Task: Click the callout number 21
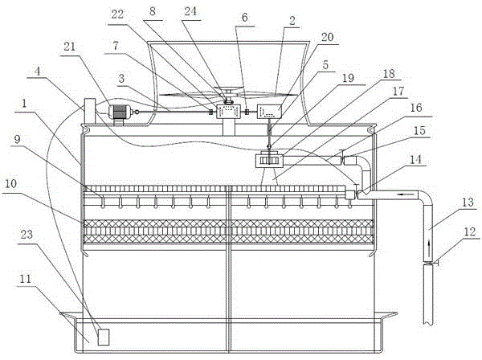(x=69, y=47)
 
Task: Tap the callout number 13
(x=468, y=202)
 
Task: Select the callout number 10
(x=10, y=184)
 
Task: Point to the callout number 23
(x=27, y=235)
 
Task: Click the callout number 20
(x=328, y=37)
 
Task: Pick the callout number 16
(x=416, y=108)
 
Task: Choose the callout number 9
(x=18, y=139)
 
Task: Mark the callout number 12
(x=470, y=231)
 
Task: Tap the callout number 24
(x=190, y=12)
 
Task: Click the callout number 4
(x=38, y=72)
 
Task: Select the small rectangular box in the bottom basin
(x=104, y=337)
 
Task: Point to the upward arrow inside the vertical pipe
(x=428, y=241)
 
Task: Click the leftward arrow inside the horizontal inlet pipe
(x=404, y=194)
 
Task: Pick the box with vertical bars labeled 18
(x=269, y=161)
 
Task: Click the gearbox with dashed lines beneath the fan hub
(x=228, y=111)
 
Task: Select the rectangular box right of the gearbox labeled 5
(x=269, y=112)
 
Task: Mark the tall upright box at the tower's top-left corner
(x=89, y=111)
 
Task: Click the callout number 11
(x=25, y=279)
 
